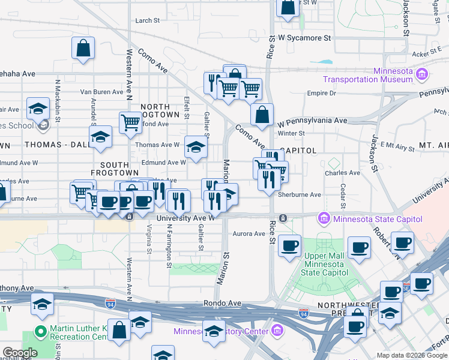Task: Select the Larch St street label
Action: pyautogui.click(x=148, y=20)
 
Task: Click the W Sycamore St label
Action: pyautogui.click(x=304, y=38)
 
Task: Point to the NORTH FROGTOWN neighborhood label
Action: pyautogui.click(x=160, y=110)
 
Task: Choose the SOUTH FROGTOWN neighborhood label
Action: pyautogui.click(x=106, y=169)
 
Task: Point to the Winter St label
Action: pyautogui.click(x=292, y=133)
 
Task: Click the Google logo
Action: pyautogui.click(x=19, y=353)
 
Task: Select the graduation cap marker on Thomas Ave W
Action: pyautogui.click(x=196, y=147)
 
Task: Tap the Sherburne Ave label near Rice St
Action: pyautogui.click(x=299, y=194)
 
